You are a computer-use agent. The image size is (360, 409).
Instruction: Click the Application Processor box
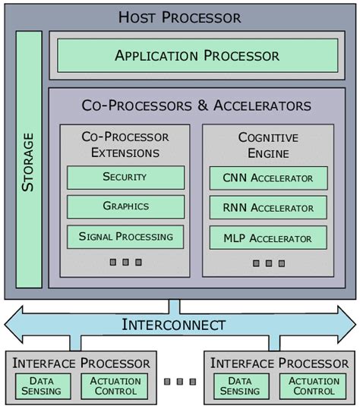coord(197,55)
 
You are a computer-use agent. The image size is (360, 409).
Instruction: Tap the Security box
coord(125,178)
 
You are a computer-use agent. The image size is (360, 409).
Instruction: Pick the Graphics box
coord(125,206)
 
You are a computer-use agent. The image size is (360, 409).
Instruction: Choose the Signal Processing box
coord(125,236)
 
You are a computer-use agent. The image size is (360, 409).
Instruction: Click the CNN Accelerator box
coord(268,178)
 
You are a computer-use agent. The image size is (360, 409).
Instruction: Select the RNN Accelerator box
coord(268,208)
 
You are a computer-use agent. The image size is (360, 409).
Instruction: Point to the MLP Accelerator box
coord(268,238)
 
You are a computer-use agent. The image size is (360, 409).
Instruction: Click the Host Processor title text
coord(180,17)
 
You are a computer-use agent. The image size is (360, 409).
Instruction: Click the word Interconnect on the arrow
coord(174,325)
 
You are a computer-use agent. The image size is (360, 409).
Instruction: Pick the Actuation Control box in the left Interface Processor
coord(115,386)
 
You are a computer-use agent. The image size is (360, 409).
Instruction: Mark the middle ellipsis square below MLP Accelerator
coord(268,263)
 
